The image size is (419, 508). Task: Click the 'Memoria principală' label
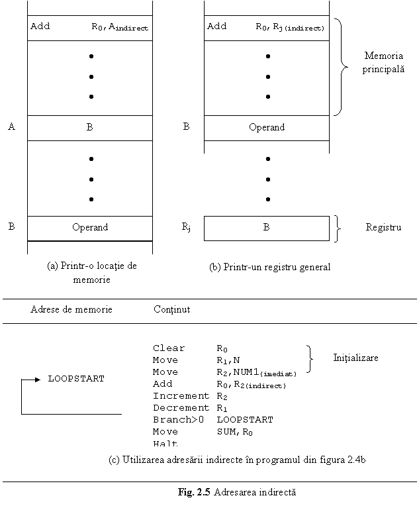[x=383, y=62]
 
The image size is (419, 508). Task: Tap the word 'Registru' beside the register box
[x=383, y=227]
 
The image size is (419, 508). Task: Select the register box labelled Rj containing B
[x=267, y=229]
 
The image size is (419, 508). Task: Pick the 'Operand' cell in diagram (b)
[x=267, y=128]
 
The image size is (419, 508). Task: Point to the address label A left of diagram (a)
[x=12, y=127]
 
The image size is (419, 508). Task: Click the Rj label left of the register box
[x=186, y=227]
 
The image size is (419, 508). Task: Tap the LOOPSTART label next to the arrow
[x=76, y=379]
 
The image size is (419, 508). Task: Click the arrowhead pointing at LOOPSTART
[x=38, y=380]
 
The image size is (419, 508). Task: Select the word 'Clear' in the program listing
[x=169, y=348]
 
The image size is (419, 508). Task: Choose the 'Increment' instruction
[x=181, y=396]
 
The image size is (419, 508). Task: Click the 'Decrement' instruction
[x=181, y=407]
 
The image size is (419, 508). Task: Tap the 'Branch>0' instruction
[x=179, y=419]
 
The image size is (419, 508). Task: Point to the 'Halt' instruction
[x=165, y=443]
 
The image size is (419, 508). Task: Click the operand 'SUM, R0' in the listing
[x=235, y=432]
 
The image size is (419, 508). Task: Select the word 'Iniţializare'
[x=355, y=358]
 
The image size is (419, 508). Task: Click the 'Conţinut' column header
[x=171, y=309]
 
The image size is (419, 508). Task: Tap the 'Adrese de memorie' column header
[x=71, y=309]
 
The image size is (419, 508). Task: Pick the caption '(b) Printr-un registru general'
[x=269, y=268]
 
